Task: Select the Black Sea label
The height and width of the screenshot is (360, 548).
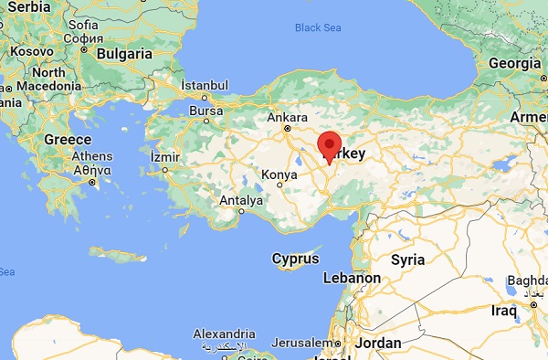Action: [x=317, y=27]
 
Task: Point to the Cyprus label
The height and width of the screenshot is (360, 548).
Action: [x=295, y=259]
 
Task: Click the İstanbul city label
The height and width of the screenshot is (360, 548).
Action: [x=204, y=84]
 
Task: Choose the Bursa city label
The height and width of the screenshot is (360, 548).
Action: [x=205, y=111]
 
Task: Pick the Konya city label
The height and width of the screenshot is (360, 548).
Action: [x=279, y=175]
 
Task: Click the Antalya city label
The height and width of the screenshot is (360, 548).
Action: [x=241, y=200]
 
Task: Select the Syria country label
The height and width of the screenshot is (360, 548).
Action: [x=407, y=259]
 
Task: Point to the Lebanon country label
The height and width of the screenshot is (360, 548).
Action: [x=353, y=278]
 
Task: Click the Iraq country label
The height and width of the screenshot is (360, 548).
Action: [x=503, y=311]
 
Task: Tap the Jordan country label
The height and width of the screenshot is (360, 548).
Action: [x=378, y=344]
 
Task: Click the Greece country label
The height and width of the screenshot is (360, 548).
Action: [x=68, y=140]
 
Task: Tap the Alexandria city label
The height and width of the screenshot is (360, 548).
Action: [x=225, y=334]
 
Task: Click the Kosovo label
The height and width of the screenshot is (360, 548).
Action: [x=30, y=52]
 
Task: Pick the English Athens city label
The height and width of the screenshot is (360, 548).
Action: [x=92, y=155]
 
